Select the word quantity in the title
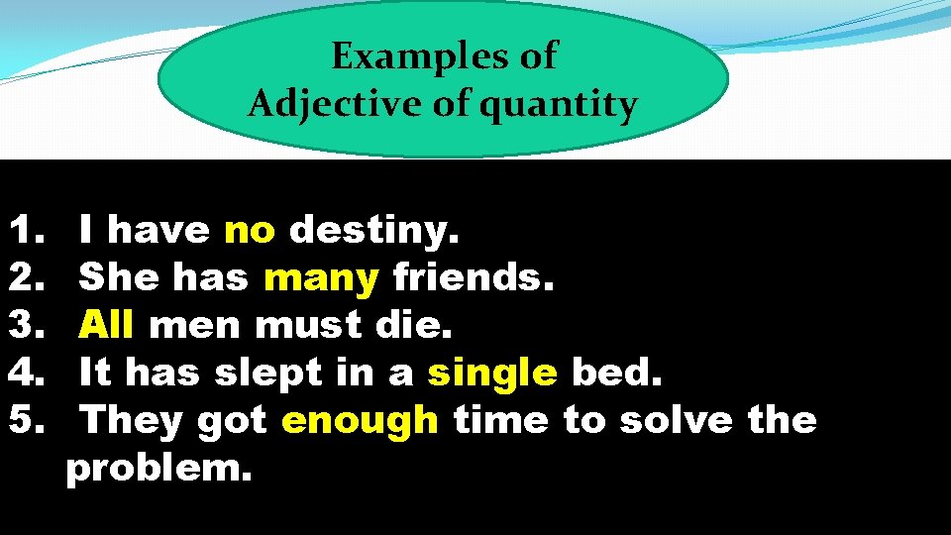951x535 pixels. coord(561,104)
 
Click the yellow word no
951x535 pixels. coord(250,231)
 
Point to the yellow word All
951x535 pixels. coord(106,325)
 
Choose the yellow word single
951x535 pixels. coord(492,374)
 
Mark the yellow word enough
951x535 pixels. coord(360,421)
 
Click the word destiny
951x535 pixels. coord(373,232)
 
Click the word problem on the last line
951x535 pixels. coord(158,469)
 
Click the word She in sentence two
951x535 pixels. coord(119,278)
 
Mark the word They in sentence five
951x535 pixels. coord(131,421)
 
